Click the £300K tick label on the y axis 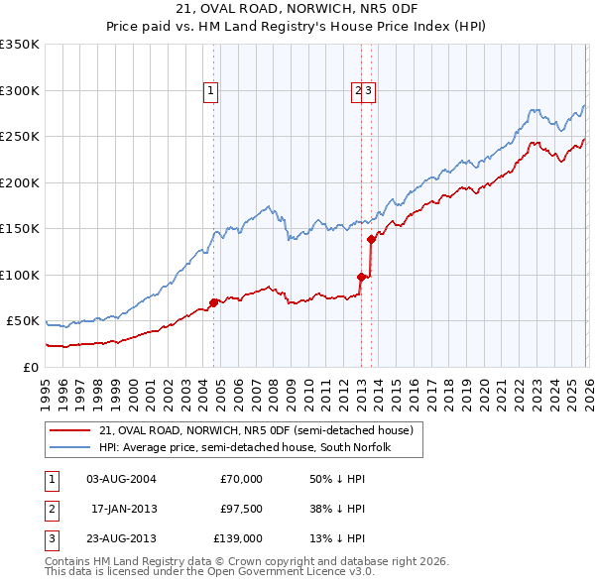tap(20, 90)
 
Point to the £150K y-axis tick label tap(20, 228)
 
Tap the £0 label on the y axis tap(30, 367)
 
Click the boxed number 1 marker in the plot tap(212, 91)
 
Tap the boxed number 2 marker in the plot tap(357, 91)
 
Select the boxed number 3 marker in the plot tap(368, 91)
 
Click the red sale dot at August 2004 tap(213, 302)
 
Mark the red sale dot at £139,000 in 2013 tap(371, 239)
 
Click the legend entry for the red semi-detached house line tap(262, 430)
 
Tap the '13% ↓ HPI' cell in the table tap(338, 540)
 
